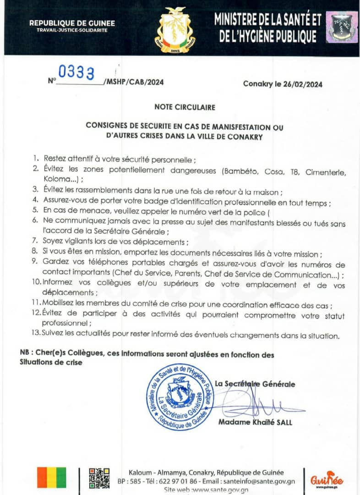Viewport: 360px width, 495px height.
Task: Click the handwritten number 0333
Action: (76, 73)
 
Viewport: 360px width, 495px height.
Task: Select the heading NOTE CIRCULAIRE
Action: (185, 107)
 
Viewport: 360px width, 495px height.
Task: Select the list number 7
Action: (35, 242)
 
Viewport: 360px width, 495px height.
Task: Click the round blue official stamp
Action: (180, 396)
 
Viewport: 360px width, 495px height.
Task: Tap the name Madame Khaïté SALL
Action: (255, 422)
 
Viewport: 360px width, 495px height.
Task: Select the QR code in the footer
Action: (99, 478)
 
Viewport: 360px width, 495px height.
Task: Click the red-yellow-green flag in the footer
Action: (51, 478)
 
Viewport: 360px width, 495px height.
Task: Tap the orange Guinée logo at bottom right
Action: (327, 480)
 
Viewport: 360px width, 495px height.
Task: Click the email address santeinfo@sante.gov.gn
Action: (259, 481)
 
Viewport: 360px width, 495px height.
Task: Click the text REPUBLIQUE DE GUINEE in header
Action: (72, 23)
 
